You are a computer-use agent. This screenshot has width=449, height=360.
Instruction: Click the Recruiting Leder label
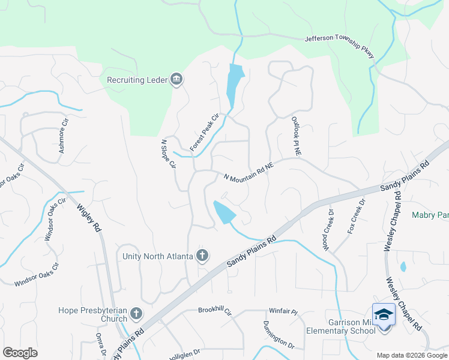click(137, 80)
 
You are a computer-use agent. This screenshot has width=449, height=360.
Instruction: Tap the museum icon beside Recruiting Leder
click(176, 80)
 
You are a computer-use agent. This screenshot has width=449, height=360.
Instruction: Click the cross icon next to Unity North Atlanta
click(203, 256)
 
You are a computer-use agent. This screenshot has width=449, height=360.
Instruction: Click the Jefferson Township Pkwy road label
click(340, 46)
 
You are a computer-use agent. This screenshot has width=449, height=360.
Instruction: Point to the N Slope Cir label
click(168, 154)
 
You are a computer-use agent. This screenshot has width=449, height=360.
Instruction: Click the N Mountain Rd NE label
click(249, 174)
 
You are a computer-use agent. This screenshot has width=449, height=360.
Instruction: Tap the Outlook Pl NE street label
click(295, 137)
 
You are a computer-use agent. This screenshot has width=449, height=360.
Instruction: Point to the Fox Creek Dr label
click(356, 217)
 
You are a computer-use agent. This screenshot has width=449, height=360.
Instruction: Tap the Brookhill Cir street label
click(214, 311)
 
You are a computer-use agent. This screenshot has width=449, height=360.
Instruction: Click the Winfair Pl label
click(283, 311)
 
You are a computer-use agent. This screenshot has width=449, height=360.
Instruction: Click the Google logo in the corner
click(20, 353)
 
